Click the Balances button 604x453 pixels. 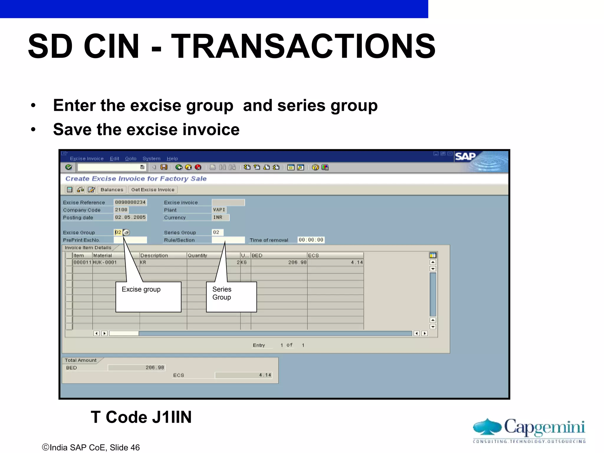tap(112, 190)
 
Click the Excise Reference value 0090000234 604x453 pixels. tap(130, 202)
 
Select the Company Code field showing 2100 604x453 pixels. tap(121, 210)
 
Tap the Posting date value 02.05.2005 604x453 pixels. tap(130, 217)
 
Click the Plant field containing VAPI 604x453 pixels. tap(219, 210)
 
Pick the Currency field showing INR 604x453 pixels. tap(220, 217)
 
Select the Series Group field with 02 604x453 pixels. tap(217, 232)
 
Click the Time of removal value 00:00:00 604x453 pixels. tap(311, 240)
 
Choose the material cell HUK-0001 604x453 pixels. tap(105, 262)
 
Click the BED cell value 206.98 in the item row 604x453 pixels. tap(297, 262)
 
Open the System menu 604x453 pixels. tap(151, 159)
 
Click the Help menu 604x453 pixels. tap(172, 159)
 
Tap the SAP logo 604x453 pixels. tap(465, 156)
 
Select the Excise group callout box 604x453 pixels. tap(148, 297)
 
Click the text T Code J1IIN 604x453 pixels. tap(141, 417)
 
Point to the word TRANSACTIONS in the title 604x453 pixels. tap(303, 46)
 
